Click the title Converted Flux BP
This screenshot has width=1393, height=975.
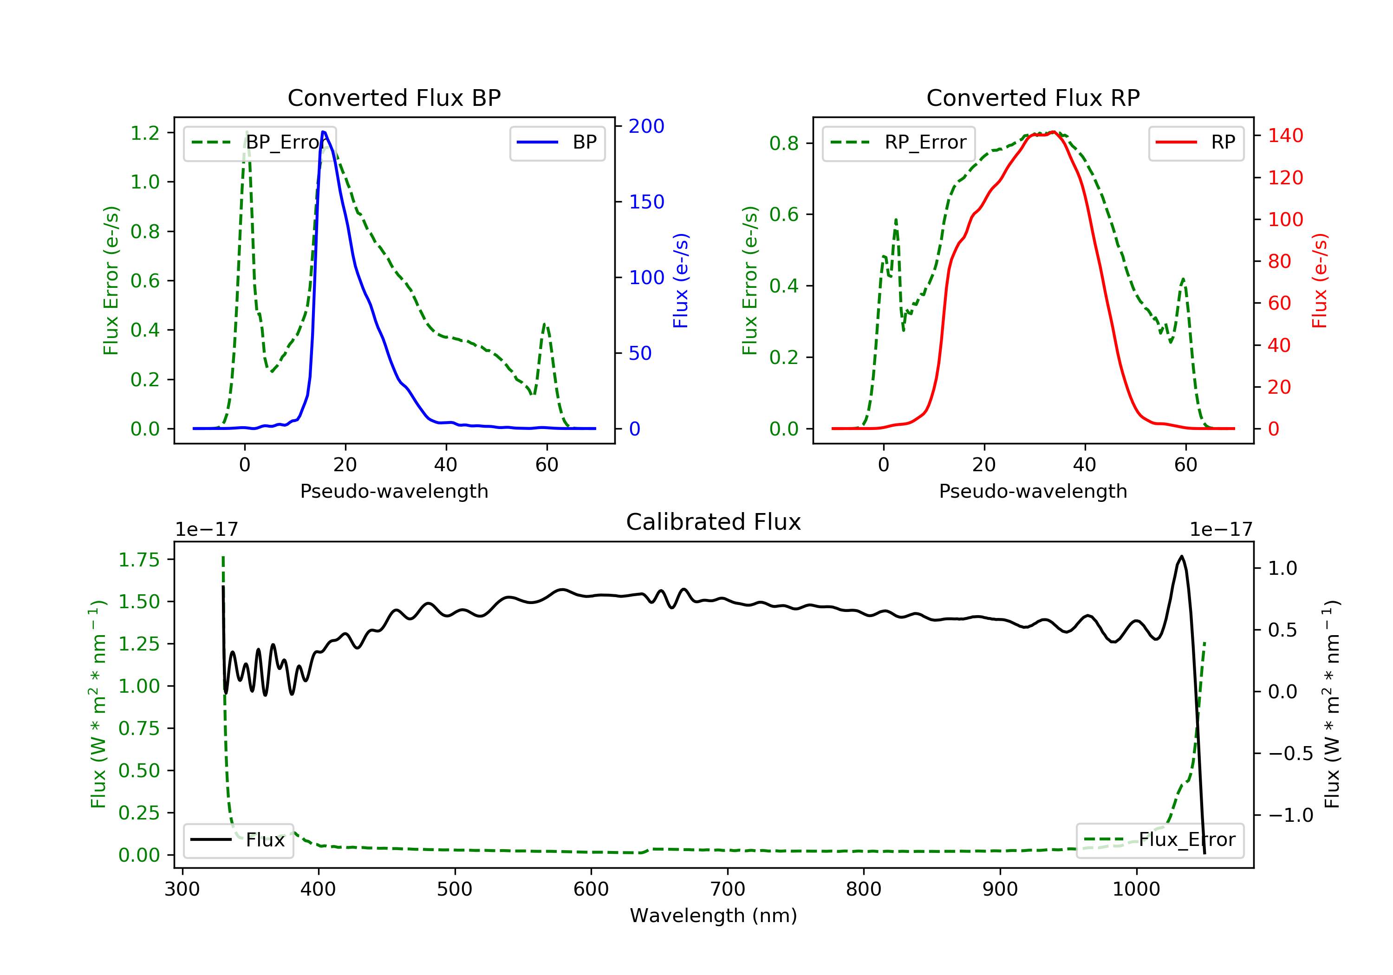(x=394, y=97)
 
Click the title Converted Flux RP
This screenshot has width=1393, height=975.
(x=1033, y=97)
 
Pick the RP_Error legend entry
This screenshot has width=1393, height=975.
(x=899, y=143)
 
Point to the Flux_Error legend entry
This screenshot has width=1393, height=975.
(x=1160, y=840)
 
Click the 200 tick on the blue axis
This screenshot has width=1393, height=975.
(x=646, y=126)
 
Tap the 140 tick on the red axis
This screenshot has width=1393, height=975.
(x=1285, y=135)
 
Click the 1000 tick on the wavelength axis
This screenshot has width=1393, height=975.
(x=1136, y=890)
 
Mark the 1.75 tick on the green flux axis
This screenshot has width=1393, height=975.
(x=139, y=560)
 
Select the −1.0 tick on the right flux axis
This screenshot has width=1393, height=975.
(x=1290, y=815)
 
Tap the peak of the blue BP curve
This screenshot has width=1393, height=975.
(x=324, y=132)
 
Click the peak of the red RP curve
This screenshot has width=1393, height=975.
(x=1054, y=132)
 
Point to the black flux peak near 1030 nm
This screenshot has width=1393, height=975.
(x=1181, y=556)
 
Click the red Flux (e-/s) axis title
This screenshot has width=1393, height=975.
(x=1319, y=280)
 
